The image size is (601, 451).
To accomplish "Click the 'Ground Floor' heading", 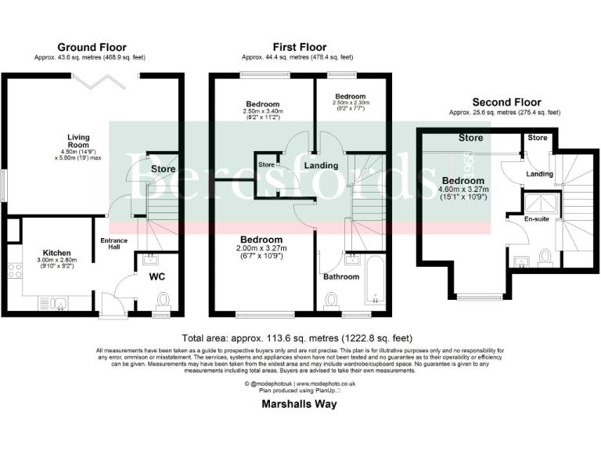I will [91, 48].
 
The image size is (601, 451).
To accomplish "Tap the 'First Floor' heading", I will [300, 47].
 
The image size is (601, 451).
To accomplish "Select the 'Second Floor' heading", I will [506, 103].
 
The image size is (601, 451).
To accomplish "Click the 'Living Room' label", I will [78, 142].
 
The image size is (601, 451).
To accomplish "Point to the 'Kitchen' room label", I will [57, 253].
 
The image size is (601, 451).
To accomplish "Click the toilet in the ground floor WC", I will [164, 301].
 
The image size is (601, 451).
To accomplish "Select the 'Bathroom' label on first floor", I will [341, 276].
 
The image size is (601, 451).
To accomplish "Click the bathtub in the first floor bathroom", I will [374, 281].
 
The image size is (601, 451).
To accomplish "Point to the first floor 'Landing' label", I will [321, 166].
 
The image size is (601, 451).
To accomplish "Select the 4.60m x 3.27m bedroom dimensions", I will [463, 193].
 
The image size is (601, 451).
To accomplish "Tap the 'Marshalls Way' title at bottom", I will [299, 406].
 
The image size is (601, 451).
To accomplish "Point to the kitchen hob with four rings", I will [13, 272].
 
